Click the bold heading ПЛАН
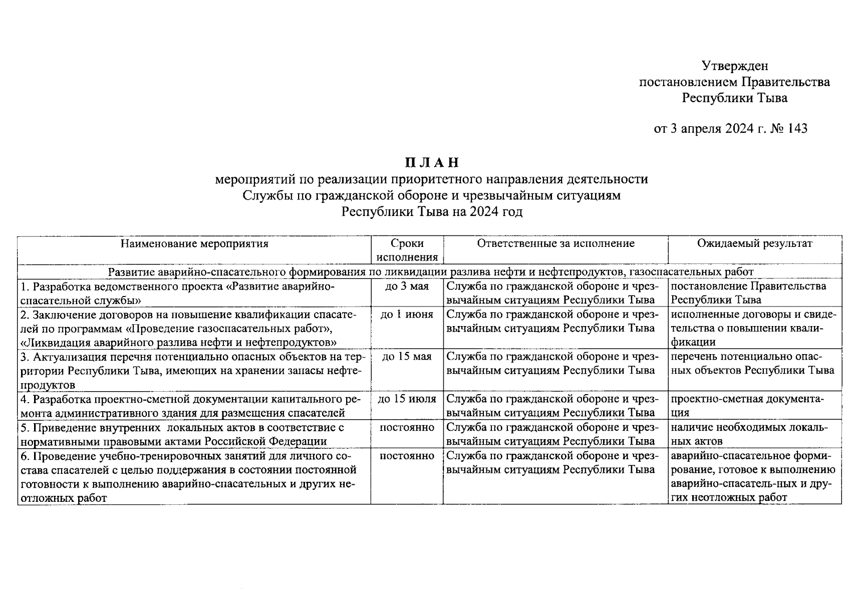pyautogui.click(x=431, y=163)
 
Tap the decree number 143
pyautogui.click(x=797, y=129)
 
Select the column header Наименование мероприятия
pyautogui.click(x=194, y=244)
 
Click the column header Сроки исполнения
pyautogui.click(x=407, y=250)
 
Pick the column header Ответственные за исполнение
pyautogui.click(x=555, y=243)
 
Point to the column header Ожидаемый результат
pyautogui.click(x=754, y=243)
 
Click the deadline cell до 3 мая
pyautogui.click(x=407, y=286)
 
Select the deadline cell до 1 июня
pyautogui.click(x=407, y=315)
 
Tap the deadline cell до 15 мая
pyautogui.click(x=407, y=357)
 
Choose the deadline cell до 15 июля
pyautogui.click(x=407, y=399)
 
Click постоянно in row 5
pyautogui.click(x=407, y=428)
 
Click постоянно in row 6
pyautogui.click(x=407, y=456)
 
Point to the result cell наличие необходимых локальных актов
pyautogui.click(x=749, y=434)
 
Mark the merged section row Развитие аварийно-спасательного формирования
pyautogui.click(x=431, y=272)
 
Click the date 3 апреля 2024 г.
pyautogui.click(x=717, y=129)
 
